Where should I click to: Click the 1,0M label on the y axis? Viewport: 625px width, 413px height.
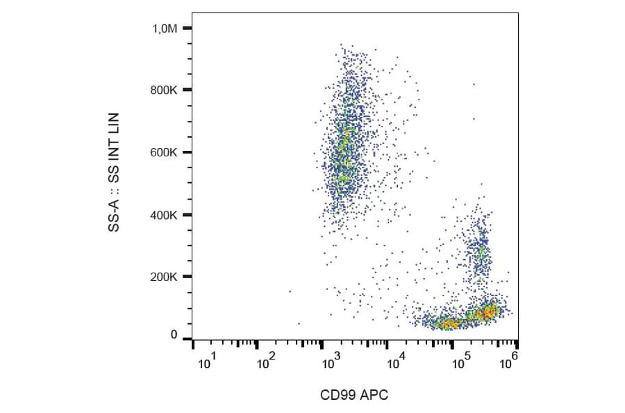(165, 29)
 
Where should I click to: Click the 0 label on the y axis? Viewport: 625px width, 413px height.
(174, 335)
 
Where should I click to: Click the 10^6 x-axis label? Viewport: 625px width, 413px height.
(510, 360)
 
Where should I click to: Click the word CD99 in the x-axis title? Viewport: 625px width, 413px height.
(335, 395)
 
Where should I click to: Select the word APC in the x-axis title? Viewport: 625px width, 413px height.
(375, 395)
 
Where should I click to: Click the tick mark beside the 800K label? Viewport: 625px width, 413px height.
(187, 90)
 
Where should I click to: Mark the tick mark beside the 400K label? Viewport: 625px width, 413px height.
(187, 215)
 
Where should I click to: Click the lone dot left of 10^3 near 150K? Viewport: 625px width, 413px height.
(290, 291)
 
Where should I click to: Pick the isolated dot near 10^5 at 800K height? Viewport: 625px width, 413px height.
(474, 84)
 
